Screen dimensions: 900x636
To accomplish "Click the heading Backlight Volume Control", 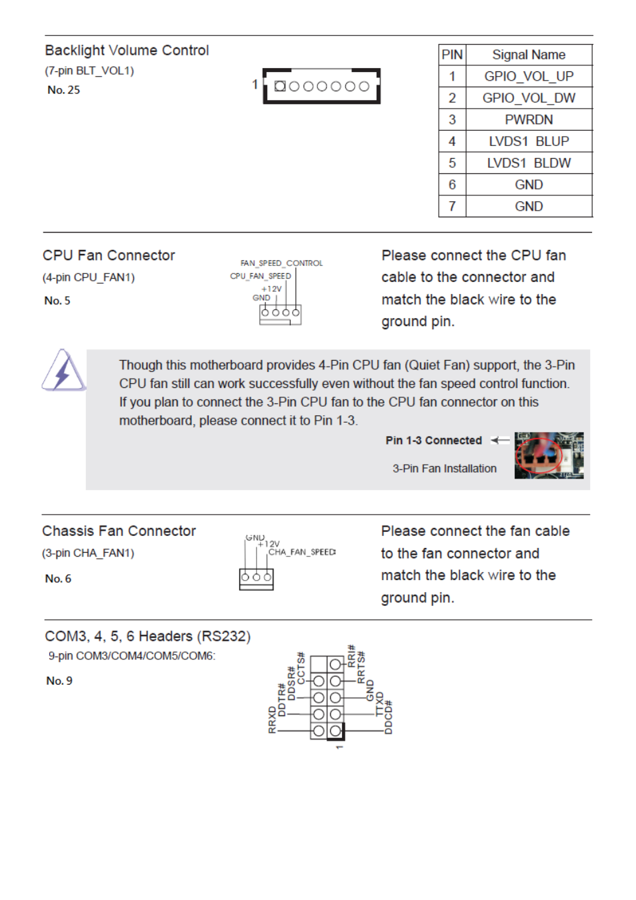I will click(x=127, y=51).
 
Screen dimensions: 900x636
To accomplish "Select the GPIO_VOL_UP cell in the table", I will click(x=528, y=77).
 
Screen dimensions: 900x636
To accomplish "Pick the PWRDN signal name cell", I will click(x=528, y=120).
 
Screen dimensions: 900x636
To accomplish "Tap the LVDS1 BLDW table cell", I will click(x=528, y=163).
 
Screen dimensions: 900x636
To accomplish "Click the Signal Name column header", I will click(x=528, y=55).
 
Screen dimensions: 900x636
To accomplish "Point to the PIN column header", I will click(x=452, y=55).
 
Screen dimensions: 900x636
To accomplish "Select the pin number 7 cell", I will click(x=452, y=207).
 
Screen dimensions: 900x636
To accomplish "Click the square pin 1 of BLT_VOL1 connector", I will click(x=280, y=86).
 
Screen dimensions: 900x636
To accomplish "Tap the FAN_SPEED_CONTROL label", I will click(x=281, y=263).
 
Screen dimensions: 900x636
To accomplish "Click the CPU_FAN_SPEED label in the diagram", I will click(x=261, y=276).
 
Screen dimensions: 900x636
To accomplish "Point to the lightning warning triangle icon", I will click(x=63, y=371).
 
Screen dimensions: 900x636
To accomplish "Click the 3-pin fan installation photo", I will click(x=549, y=455).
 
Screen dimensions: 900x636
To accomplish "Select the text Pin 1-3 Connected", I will click(x=433, y=441).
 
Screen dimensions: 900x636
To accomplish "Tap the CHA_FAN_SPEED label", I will click(x=302, y=552).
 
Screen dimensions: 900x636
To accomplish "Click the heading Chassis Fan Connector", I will click(x=119, y=531).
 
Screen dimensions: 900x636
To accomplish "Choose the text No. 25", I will click(x=63, y=90).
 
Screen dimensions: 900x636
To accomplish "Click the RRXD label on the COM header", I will click(x=272, y=721).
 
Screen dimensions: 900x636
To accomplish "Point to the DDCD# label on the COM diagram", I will click(x=389, y=717).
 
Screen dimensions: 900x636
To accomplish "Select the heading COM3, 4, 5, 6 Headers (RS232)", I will click(x=147, y=637).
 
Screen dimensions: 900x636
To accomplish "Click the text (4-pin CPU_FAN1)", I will click(x=89, y=277).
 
